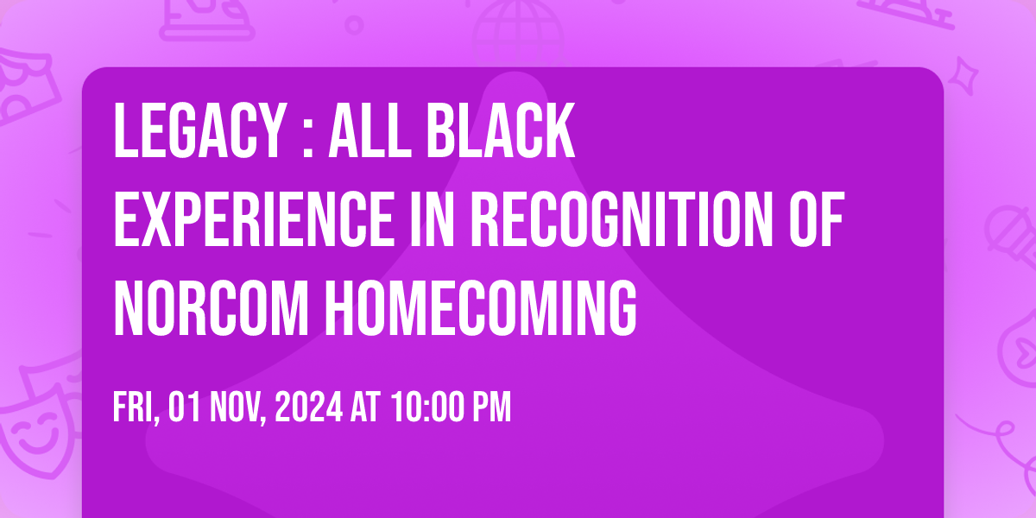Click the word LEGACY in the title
pos(199,131)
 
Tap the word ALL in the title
pos(370,131)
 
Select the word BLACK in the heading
pos(501,131)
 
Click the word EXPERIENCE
pos(254,218)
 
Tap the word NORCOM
pos(211,307)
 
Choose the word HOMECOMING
pos(481,307)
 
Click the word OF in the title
pos(817,218)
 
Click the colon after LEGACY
pos(308,139)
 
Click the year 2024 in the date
pos(308,407)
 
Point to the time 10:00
pos(427,407)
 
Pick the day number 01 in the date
pos(184,407)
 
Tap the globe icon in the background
pos(517,33)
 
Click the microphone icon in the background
pos(1013,241)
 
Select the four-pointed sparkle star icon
pos(963,76)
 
